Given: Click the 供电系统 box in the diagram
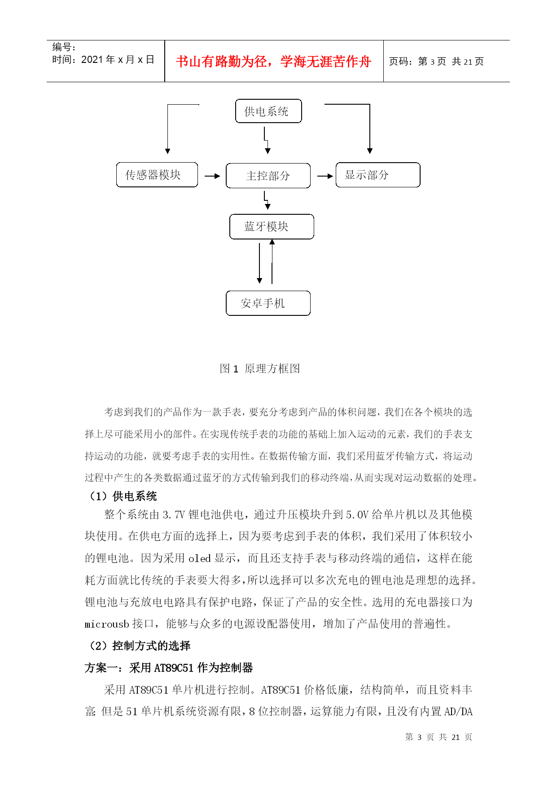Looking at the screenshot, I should tap(268, 111).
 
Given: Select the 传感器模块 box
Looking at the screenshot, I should tap(157, 175).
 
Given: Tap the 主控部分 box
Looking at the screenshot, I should tap(268, 176).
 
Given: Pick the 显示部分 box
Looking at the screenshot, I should tap(377, 175).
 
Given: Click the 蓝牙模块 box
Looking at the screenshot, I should tap(271, 226).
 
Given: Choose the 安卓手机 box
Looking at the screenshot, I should tap(268, 303).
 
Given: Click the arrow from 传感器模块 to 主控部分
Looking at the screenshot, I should tap(212, 176).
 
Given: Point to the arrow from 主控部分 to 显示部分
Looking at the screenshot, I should tap(325, 176).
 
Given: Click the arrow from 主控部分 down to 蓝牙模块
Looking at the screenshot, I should tap(267, 200).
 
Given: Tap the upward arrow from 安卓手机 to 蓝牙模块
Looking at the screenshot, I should tap(272, 261).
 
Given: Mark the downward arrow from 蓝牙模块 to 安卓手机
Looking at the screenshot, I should tap(259, 262).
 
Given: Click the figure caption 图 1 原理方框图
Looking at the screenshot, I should tap(260, 369).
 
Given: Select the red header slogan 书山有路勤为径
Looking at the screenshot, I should tap(273, 62).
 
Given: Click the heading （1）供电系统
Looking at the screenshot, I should tap(122, 496).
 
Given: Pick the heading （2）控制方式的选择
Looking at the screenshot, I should tap(139, 646).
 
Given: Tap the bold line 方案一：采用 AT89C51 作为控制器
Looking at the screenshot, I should tap(169, 668).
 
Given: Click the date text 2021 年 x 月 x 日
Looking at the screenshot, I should tap(118, 60).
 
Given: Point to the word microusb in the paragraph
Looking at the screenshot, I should tap(107, 624).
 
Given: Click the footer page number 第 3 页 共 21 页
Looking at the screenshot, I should tap(439, 737).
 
